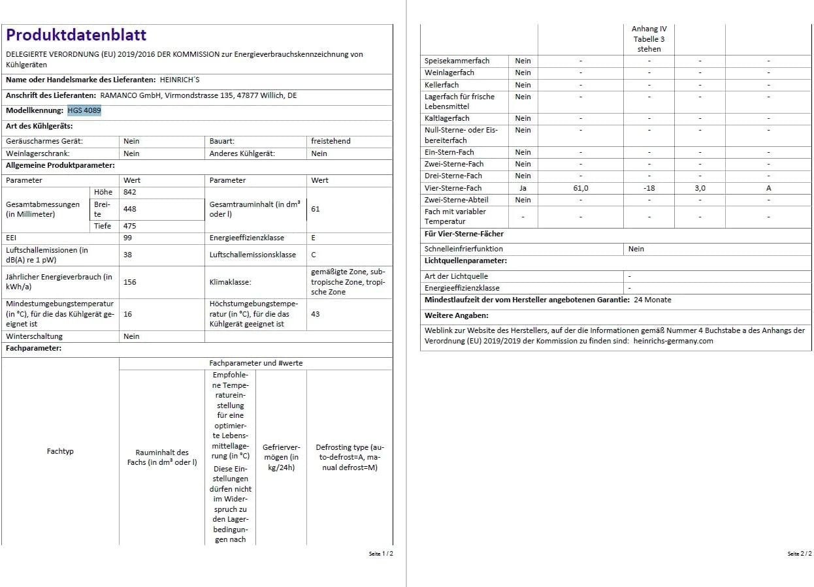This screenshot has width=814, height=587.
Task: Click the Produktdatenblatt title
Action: [76, 35]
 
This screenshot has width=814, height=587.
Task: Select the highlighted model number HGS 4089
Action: [84, 110]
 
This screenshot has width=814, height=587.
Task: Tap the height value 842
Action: [130, 192]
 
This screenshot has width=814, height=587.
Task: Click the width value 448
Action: [130, 209]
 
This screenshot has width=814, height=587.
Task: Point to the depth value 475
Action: [130, 226]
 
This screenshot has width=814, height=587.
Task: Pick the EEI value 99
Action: [127, 238]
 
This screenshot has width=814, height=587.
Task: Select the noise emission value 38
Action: [127, 255]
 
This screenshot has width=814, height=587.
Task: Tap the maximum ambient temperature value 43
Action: [316, 314]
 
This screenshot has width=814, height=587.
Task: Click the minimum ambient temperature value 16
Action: [127, 314]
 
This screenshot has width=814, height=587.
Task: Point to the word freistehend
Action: [331, 141]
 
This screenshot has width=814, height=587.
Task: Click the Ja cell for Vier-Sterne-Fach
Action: [523, 188]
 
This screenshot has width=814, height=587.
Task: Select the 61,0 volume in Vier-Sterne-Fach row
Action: [580, 188]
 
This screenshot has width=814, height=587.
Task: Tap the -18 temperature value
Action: [649, 188]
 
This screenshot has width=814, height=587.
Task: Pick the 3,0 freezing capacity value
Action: [700, 188]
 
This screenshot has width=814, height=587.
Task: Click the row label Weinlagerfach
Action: [449, 72]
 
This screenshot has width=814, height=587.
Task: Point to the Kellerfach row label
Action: [442, 85]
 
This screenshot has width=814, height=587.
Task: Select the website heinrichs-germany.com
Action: [674, 341]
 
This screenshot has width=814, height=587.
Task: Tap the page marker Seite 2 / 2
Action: [800, 554]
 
